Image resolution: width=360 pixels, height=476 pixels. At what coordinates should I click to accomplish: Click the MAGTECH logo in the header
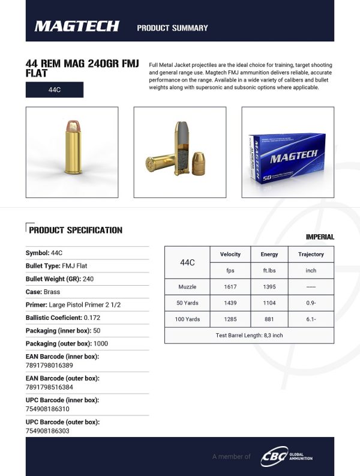77,26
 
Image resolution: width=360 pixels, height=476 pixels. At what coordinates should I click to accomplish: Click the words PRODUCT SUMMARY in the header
172,28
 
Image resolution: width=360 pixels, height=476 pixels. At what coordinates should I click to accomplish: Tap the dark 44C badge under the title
54,90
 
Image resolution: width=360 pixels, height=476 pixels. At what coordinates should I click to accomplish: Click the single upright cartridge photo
71,151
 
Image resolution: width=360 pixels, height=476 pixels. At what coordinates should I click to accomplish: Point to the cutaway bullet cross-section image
179,151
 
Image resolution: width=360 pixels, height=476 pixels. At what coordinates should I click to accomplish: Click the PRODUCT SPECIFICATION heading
75,230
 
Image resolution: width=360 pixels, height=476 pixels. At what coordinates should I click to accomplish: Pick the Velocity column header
230,255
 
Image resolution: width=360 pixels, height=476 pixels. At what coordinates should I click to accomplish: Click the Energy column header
269,255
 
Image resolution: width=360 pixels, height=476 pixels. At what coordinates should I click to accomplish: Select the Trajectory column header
311,255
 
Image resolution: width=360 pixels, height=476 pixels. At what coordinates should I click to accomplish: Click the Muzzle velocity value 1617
230,287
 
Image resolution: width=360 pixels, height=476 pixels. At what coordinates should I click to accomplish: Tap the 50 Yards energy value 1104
269,303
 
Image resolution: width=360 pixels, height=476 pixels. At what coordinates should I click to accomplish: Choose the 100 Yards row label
187,319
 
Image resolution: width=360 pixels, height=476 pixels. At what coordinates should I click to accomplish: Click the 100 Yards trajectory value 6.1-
311,319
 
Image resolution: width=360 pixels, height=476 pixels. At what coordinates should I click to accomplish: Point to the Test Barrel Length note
249,335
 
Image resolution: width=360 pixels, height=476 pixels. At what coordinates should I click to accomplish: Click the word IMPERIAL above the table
320,238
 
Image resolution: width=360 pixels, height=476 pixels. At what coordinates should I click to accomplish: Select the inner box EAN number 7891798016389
49,366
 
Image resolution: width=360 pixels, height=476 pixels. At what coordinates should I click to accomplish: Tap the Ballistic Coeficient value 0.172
92,318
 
